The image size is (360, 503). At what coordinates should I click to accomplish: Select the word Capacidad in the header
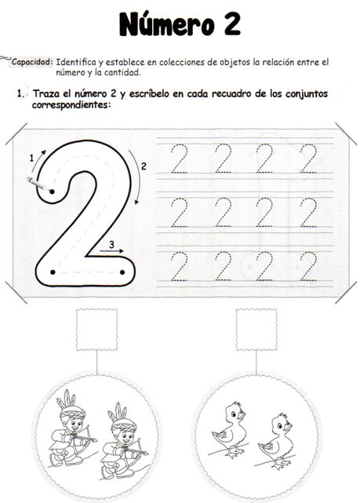point(32,60)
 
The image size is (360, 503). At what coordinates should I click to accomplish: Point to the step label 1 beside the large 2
point(31,158)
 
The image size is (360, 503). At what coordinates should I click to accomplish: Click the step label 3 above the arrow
point(111,245)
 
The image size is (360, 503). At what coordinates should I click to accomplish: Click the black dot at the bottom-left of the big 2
point(53,272)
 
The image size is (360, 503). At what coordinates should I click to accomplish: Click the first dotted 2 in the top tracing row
point(180,159)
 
